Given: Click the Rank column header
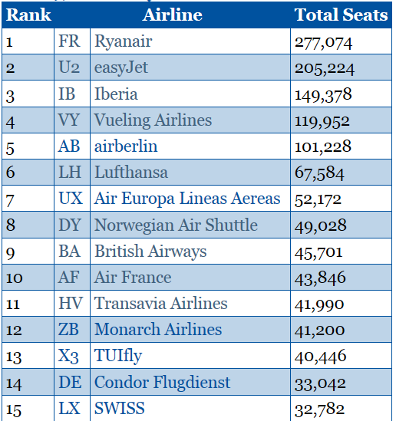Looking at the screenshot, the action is click(28, 15).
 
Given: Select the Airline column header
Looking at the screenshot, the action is click(173, 15).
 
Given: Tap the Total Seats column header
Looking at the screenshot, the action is click(341, 15).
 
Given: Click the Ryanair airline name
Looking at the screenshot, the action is click(124, 42).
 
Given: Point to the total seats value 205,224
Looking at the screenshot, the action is click(325, 69).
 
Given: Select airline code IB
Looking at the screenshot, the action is click(67, 94).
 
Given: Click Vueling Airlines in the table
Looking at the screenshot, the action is click(153, 120).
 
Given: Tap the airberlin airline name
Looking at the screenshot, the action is click(126, 146).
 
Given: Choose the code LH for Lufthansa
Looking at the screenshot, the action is click(70, 172).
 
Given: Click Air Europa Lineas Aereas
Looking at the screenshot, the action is click(187, 199).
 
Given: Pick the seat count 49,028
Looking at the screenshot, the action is click(321, 225).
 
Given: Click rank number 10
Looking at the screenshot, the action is click(15, 278).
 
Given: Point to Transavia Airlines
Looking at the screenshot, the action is click(161, 304).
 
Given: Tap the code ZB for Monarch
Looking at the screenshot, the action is click(68, 330).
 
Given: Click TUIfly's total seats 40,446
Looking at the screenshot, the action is click(320, 357).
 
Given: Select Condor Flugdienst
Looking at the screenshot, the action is click(162, 383).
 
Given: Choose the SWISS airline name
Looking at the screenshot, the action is click(120, 408).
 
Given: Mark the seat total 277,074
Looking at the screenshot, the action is click(323, 43).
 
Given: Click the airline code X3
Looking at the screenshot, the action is click(68, 357).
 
